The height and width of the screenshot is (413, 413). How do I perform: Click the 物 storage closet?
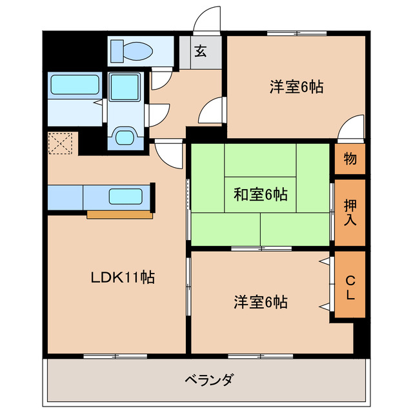pyautogui.click(x=350, y=159)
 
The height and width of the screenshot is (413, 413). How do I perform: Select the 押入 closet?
pyautogui.click(x=350, y=212)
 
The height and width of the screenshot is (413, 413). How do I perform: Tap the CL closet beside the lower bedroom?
pyautogui.click(x=350, y=288)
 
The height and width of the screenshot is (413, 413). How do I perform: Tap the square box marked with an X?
pyautogui.click(x=62, y=143)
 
